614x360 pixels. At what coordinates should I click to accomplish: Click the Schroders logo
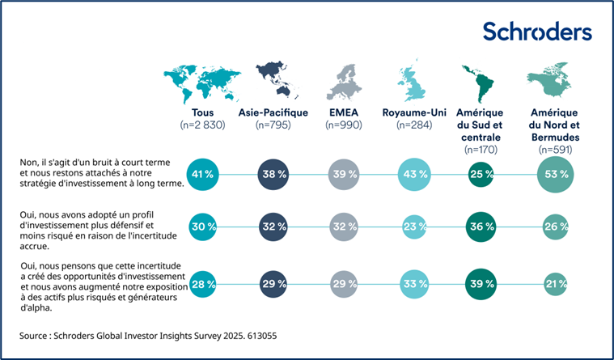536,32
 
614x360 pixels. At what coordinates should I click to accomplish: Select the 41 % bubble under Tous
203,175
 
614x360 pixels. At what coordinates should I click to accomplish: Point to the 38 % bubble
273,175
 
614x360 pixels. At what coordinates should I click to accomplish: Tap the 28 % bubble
203,283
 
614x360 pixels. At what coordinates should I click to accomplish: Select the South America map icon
478,79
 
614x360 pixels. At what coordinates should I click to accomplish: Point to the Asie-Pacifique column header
272,112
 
